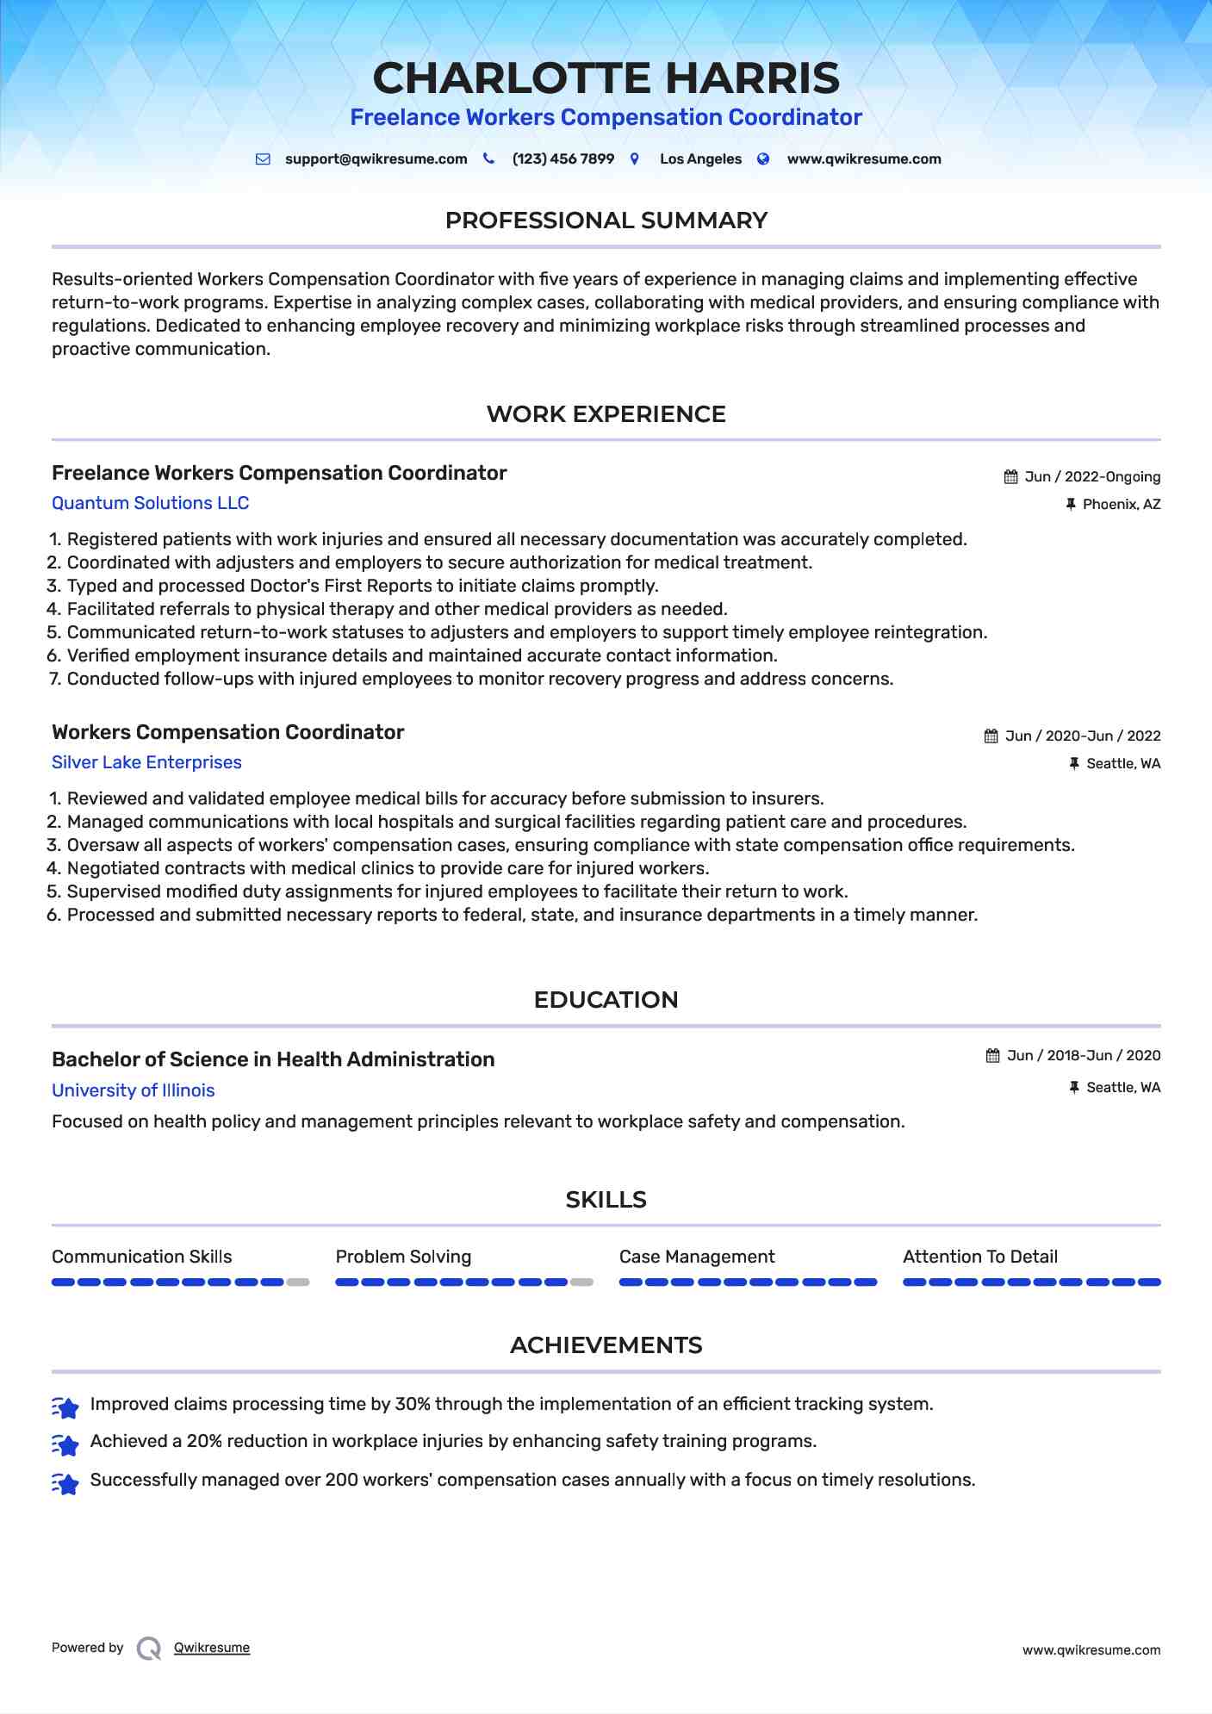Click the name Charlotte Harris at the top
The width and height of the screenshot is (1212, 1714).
[606, 78]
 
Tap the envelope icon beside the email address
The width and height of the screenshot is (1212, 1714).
[263, 159]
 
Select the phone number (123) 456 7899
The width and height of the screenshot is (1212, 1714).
[562, 159]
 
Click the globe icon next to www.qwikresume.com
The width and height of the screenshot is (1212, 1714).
[763, 159]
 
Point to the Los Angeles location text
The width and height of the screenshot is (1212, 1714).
[699, 159]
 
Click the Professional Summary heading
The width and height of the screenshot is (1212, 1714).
[606, 220]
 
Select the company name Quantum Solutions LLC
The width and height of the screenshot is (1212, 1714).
[150, 503]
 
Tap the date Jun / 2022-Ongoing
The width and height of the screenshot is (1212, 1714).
[1091, 477]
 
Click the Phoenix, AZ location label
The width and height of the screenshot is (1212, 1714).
[1121, 505]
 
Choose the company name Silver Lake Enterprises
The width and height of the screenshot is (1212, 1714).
[146, 762]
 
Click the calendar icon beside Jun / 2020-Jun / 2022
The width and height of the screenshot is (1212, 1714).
[991, 736]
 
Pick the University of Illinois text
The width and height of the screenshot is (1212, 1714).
[133, 1090]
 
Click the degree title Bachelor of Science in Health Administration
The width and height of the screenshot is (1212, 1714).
[273, 1059]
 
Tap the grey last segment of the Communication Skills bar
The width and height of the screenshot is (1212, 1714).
[298, 1282]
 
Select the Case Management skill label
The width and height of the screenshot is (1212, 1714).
[696, 1257]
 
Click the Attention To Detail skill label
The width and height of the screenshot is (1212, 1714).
[979, 1257]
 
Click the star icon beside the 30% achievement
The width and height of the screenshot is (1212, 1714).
[65, 1407]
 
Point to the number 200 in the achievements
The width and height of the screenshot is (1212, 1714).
[341, 1480]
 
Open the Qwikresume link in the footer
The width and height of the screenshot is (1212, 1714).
[211, 1648]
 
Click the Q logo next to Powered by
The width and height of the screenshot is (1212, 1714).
[149, 1649]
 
